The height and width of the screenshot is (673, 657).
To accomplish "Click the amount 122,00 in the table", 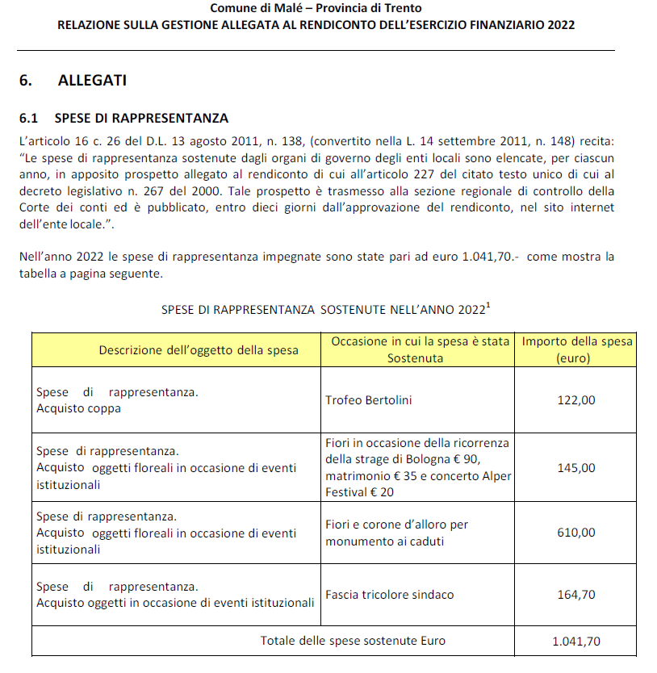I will (575, 400).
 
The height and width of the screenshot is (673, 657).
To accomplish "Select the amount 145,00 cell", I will (575, 467).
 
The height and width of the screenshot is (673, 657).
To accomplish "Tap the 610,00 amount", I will (575, 532).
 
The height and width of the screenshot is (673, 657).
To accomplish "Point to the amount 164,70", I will (575, 595).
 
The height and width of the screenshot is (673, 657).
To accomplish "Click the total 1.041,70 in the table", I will (575, 642).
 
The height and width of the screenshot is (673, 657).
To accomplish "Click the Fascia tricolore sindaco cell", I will (390, 595).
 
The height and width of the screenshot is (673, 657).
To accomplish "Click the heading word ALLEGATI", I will (92, 81).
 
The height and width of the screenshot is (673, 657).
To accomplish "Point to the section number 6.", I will (24, 81).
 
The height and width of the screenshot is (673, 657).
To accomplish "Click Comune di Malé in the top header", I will (255, 8).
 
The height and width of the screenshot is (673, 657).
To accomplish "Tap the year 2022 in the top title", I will (560, 25).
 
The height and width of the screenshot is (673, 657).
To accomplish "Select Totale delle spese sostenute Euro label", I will (353, 642).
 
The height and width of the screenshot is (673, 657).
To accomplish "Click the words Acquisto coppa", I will (78, 408).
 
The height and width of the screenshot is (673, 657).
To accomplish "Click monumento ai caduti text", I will (384, 541).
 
